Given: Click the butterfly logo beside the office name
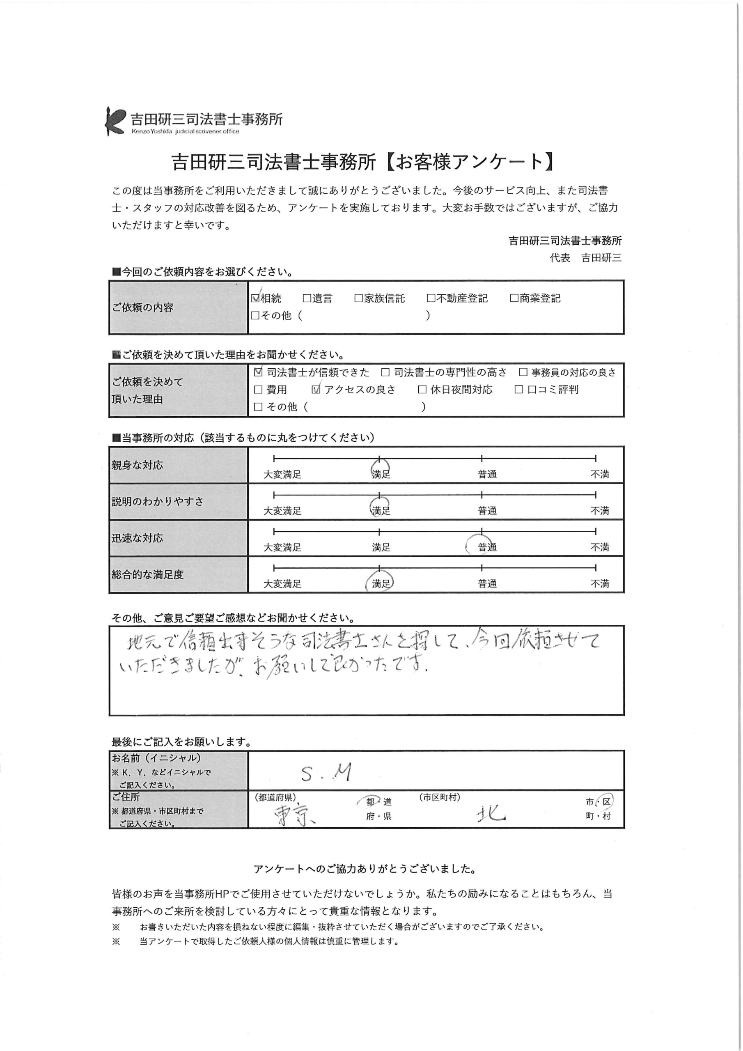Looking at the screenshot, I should (x=115, y=121).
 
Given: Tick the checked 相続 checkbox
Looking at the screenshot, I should (x=255, y=298).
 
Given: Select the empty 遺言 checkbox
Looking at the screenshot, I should (x=307, y=298).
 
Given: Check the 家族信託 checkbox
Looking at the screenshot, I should (x=358, y=298).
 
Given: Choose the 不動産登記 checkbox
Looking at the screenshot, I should (x=431, y=298).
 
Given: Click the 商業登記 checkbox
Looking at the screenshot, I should (x=514, y=298).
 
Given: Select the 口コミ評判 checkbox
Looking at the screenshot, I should (x=519, y=390).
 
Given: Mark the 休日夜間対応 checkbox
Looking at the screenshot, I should (x=422, y=390).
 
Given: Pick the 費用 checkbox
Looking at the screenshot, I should (x=258, y=390).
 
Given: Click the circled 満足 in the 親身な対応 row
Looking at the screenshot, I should (x=381, y=474).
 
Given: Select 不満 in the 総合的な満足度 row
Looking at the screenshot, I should (x=600, y=584).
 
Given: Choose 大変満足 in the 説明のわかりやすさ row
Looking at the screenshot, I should (x=282, y=510).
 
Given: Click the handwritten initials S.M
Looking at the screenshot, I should (x=326, y=773).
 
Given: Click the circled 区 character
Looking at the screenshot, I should (x=607, y=802).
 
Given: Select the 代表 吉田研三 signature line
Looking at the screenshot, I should (x=585, y=258).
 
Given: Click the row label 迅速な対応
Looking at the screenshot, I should (x=138, y=538).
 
